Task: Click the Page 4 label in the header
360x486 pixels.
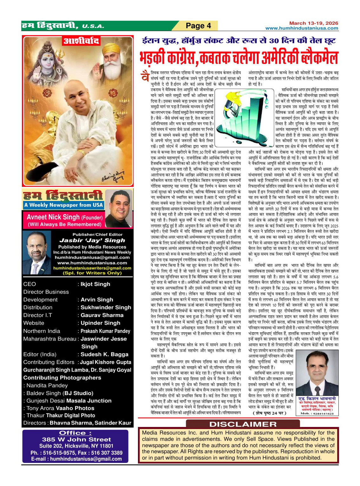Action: coord(198,26)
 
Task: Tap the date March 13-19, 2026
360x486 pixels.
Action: coord(313,23)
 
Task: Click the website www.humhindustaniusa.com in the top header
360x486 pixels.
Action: coord(302,28)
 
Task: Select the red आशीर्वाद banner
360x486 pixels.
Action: coord(82,41)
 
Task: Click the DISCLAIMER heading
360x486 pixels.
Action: coord(243,424)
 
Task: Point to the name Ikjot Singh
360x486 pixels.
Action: coord(95,284)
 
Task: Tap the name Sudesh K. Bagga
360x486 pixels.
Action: coord(104,354)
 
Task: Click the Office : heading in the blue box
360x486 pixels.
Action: coord(75,433)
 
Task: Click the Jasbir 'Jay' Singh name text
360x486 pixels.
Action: coord(92,240)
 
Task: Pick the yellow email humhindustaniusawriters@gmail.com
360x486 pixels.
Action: coord(92,268)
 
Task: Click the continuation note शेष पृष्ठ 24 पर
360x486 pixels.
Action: coord(269,413)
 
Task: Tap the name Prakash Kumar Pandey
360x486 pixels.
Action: coord(105,331)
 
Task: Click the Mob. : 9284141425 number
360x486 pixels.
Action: coord(317,413)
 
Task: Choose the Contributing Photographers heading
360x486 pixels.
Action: coord(62,378)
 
